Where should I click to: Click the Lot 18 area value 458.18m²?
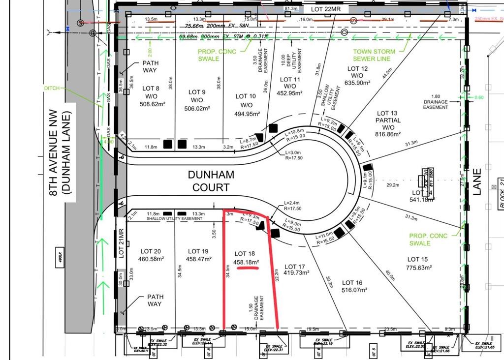247,263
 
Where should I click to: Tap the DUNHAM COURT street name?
211,180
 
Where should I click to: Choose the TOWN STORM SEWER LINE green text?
374,55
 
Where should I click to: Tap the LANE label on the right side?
477,182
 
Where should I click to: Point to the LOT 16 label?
352,283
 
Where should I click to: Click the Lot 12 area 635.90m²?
357,83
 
